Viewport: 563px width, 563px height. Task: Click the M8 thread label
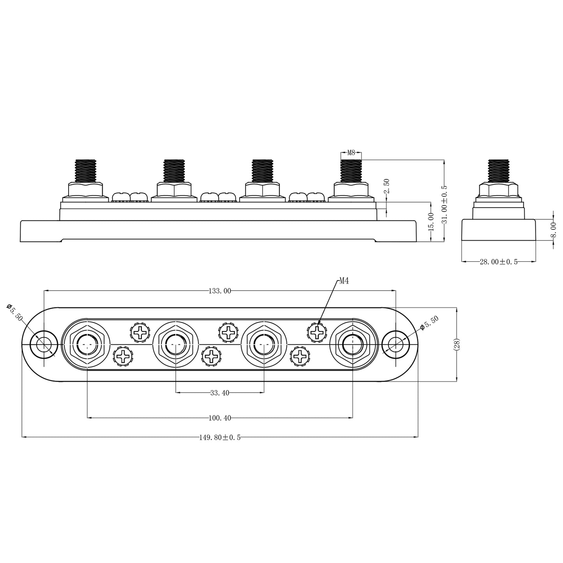tap(351, 152)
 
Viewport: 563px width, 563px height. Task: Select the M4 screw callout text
tap(344, 281)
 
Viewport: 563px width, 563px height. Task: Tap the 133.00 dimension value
tap(220, 291)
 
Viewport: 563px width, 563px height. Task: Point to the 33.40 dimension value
tap(220, 393)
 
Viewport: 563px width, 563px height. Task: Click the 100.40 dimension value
tap(220, 418)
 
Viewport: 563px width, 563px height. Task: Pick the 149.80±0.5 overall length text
tap(220, 438)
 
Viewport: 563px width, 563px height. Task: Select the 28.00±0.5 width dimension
tap(498, 262)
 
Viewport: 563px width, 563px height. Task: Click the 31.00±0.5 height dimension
tap(444, 204)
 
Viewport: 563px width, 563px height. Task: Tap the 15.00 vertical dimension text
tap(431, 222)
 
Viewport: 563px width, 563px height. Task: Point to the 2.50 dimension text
tap(387, 186)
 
